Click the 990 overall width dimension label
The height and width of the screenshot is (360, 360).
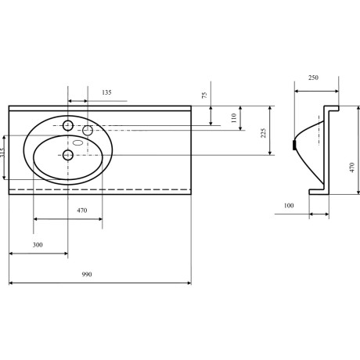(x=87, y=275)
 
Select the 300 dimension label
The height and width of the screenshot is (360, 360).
(x=38, y=245)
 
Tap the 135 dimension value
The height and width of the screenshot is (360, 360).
(x=106, y=92)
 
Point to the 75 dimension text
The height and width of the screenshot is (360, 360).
(x=205, y=95)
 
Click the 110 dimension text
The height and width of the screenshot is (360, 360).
(x=234, y=117)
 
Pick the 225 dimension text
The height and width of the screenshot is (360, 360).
(x=264, y=133)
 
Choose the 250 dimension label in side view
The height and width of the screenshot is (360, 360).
(x=313, y=77)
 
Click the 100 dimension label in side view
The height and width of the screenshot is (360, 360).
(x=289, y=206)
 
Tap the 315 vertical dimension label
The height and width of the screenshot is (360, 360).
(x=2, y=153)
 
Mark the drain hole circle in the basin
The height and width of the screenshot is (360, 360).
(x=68, y=155)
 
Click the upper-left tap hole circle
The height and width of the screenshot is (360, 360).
(x=68, y=126)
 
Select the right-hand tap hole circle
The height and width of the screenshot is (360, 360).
(x=88, y=130)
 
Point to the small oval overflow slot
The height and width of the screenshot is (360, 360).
(x=77, y=142)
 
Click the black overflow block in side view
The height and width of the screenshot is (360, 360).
(x=294, y=145)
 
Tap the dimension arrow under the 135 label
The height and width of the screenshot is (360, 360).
(x=77, y=101)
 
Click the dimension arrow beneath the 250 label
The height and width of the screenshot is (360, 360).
(x=317, y=91)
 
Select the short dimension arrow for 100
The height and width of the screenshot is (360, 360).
(x=319, y=214)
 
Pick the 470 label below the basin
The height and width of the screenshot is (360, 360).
(x=82, y=211)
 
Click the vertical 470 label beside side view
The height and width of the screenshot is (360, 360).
(x=352, y=167)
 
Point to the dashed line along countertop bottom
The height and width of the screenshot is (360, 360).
(x=100, y=189)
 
